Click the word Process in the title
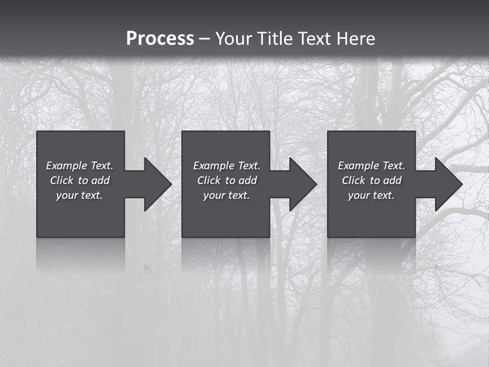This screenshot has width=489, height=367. (x=160, y=39)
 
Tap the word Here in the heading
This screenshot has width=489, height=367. (x=357, y=39)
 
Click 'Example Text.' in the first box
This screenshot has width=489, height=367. (x=79, y=166)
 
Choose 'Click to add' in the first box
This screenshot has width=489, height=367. (x=79, y=180)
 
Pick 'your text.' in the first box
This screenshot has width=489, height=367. (x=79, y=195)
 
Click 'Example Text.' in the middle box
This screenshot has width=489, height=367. (x=227, y=166)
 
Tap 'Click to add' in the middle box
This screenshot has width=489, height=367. (x=227, y=180)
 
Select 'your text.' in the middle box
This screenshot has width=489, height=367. (x=227, y=195)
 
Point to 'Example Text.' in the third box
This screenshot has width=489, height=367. (x=371, y=166)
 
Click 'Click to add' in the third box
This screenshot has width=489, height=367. (x=371, y=180)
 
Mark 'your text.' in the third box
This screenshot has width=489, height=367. (x=371, y=195)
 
